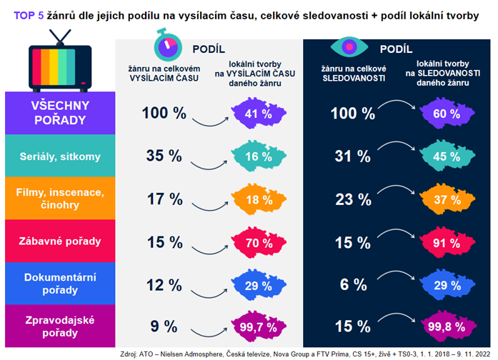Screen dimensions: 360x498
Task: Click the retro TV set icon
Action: [61, 61]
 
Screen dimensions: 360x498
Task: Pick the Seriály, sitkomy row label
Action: [60, 156]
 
